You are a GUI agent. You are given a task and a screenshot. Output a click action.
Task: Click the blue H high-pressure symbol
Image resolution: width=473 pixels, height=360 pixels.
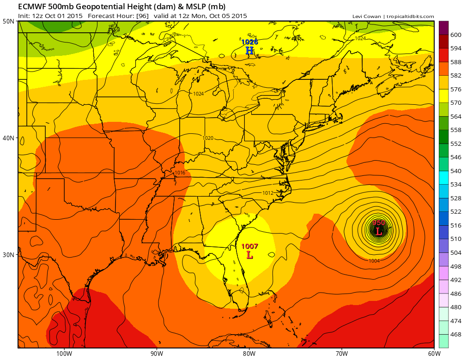[249, 51]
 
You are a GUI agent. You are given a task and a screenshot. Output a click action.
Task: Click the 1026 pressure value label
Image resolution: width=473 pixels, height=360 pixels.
[249, 42]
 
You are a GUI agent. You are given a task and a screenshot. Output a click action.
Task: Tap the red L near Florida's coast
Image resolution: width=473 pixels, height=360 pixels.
[250, 255]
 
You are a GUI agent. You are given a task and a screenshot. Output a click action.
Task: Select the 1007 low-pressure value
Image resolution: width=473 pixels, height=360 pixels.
[249, 246]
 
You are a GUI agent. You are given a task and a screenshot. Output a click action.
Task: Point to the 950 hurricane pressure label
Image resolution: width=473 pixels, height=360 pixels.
[378, 223]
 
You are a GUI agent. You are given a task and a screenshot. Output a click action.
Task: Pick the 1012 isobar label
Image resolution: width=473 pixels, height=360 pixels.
[267, 192]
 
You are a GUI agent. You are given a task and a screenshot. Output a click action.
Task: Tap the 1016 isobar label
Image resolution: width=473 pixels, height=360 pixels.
[180, 173]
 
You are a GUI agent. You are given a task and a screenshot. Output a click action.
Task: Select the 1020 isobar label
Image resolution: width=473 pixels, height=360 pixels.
[208, 138]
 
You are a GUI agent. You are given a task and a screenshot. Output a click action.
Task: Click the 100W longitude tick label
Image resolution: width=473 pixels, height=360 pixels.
[64, 354]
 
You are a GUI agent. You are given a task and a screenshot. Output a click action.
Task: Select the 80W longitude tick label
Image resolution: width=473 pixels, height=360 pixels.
[249, 354]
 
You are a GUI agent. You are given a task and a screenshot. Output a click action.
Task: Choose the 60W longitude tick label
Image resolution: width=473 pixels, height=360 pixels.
[434, 354]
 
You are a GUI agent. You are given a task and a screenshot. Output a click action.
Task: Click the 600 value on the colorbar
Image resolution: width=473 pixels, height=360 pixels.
[456, 35]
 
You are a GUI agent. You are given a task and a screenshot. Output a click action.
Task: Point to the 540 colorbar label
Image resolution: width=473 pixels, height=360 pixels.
[456, 171]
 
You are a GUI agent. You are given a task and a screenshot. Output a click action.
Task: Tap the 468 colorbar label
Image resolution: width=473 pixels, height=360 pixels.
[456, 334]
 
